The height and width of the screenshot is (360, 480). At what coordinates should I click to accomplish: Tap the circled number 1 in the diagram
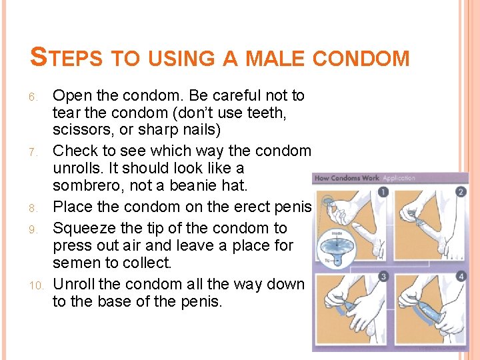[383, 192]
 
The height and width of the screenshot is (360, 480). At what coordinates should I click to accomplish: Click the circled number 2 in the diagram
[461, 192]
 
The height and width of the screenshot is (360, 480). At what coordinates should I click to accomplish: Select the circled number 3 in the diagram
[383, 277]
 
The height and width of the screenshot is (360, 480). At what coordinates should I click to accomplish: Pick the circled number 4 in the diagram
[461, 277]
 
